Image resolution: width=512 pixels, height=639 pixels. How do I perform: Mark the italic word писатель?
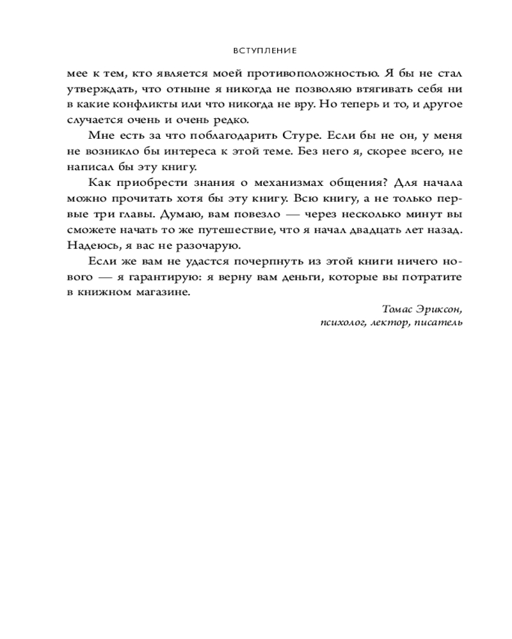(438, 323)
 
